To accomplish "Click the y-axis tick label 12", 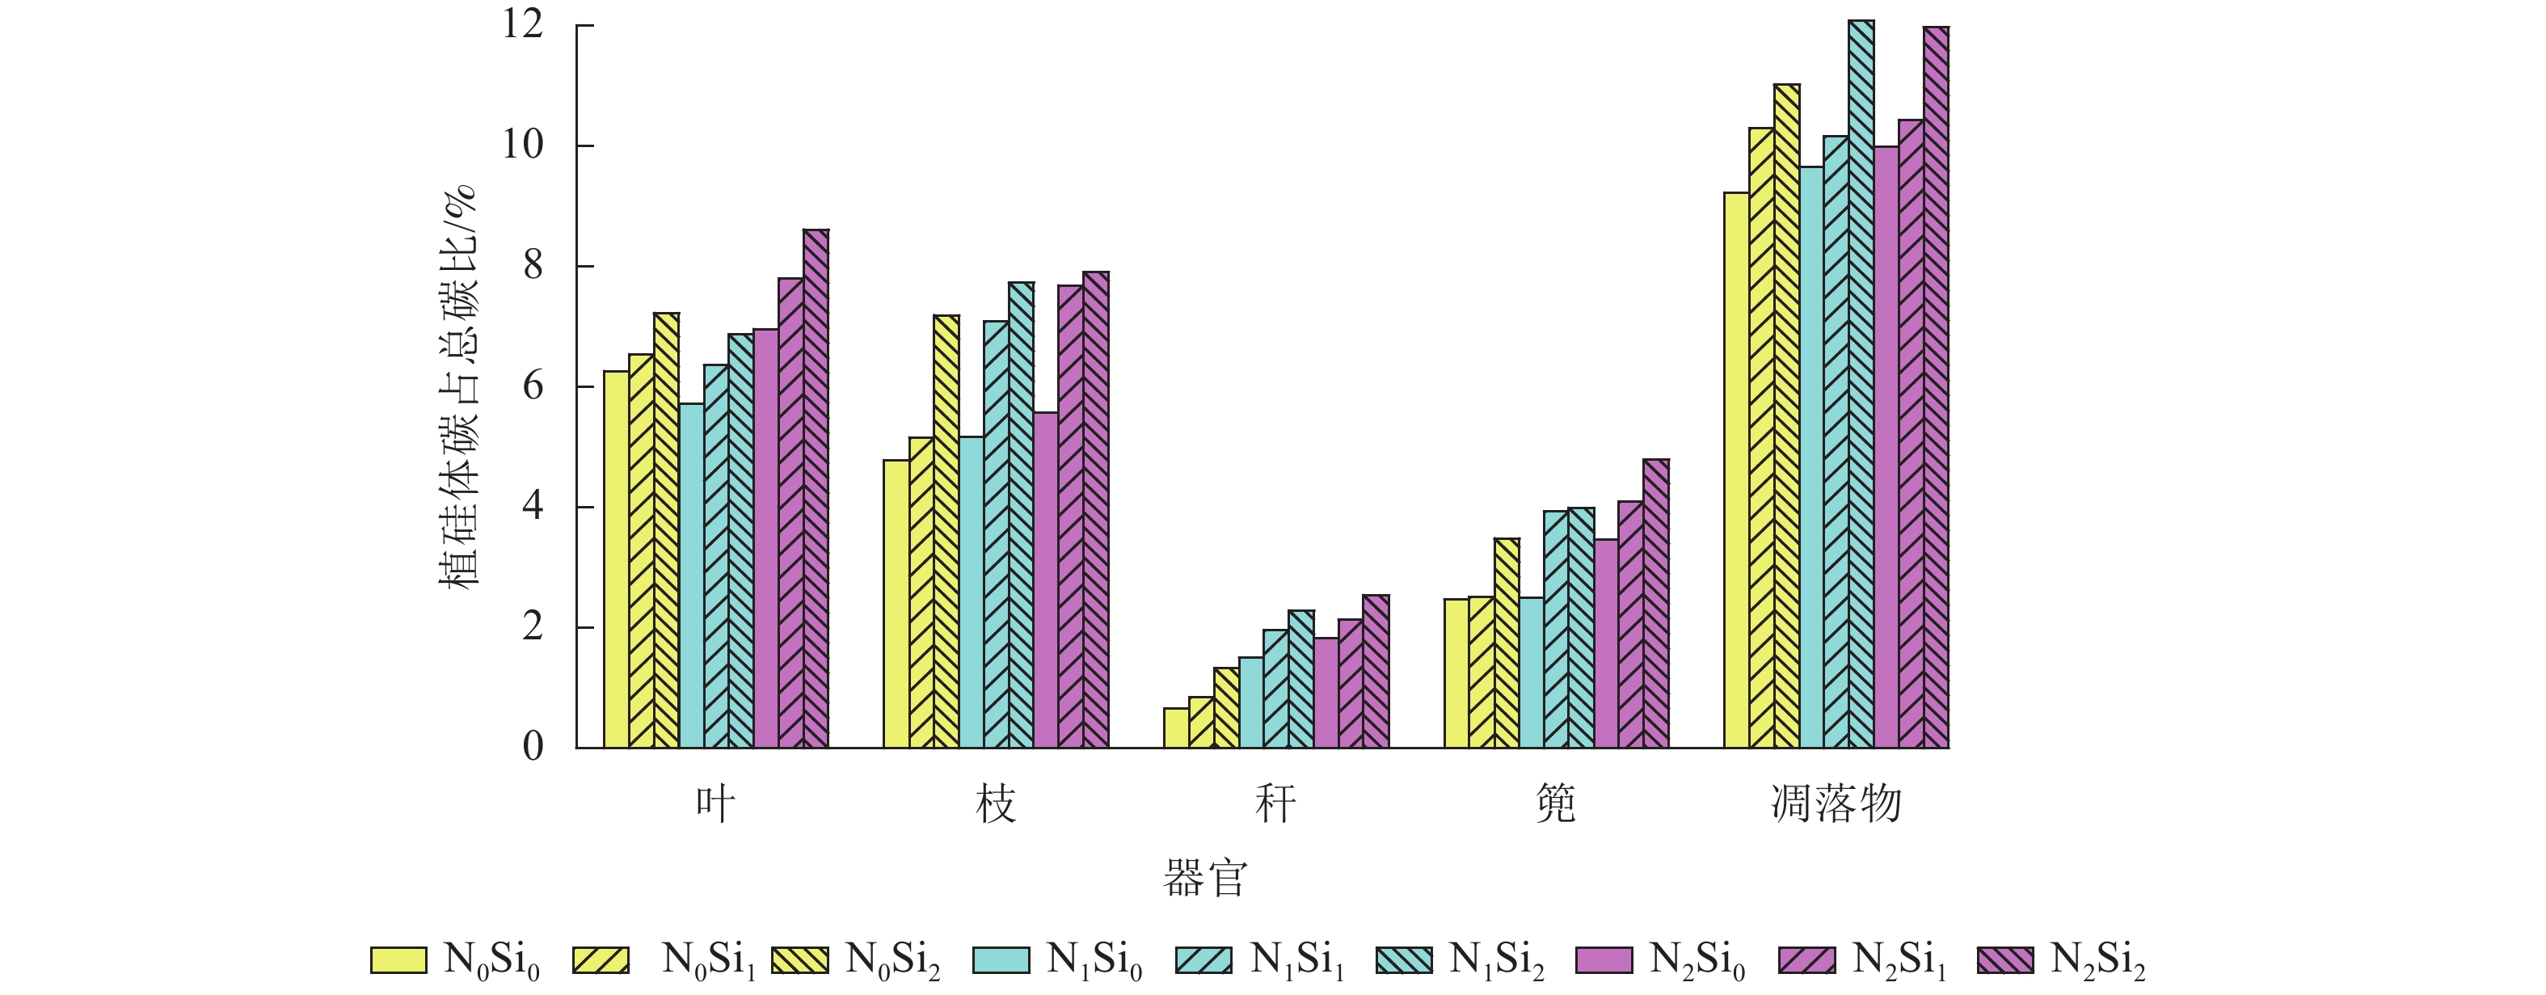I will click(523, 25).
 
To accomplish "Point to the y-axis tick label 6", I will click(533, 386).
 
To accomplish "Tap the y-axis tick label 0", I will click(533, 747).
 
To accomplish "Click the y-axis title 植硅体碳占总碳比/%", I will click(458, 386).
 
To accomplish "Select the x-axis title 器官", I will click(1205, 879).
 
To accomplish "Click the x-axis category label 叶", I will click(714, 804).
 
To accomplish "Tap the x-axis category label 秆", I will click(1275, 804).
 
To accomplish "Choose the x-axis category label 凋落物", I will click(1836, 804).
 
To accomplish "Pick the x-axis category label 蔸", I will click(1556, 804).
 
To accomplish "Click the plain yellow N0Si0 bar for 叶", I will click(616, 559).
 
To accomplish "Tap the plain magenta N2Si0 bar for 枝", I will click(1046, 580).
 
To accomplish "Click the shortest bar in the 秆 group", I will click(1176, 728).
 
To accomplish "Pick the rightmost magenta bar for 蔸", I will click(1655, 604).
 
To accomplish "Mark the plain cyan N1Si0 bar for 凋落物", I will click(1810, 457).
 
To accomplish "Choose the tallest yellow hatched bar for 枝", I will click(946, 532).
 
